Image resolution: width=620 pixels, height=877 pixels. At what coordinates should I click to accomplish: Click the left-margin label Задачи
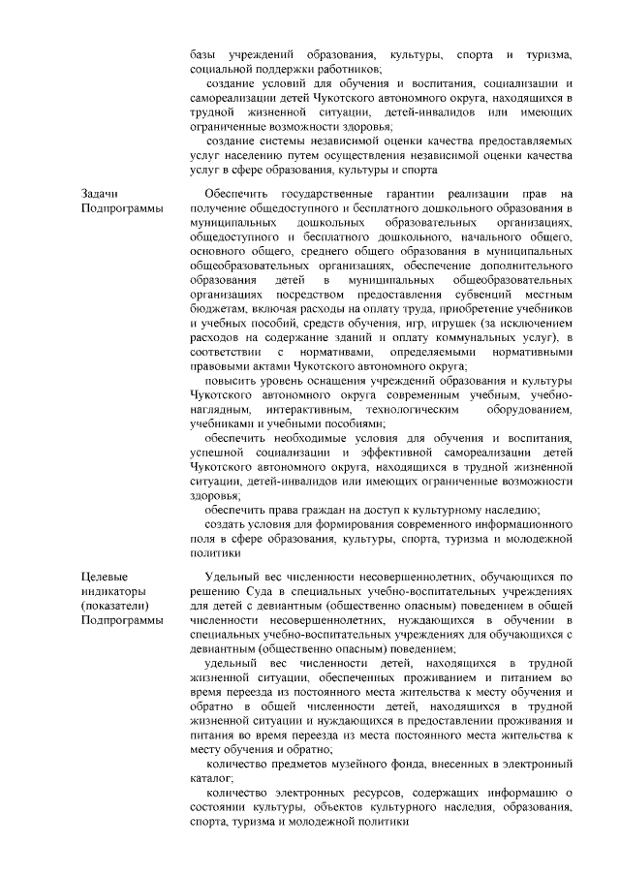pyautogui.click(x=100, y=195)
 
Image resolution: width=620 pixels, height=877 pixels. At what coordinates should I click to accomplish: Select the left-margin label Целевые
pyautogui.click(x=102, y=577)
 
